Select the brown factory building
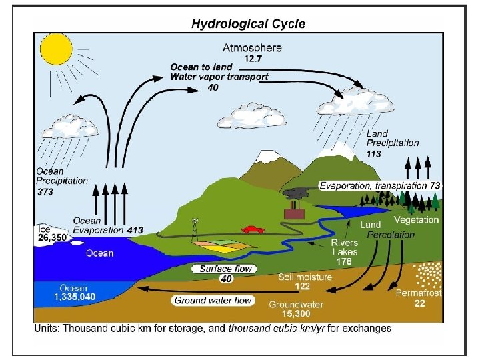point(293,213)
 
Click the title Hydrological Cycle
point(248,24)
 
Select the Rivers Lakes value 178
point(344,261)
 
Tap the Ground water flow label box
point(213,301)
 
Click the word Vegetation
point(416,219)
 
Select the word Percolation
point(391,235)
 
